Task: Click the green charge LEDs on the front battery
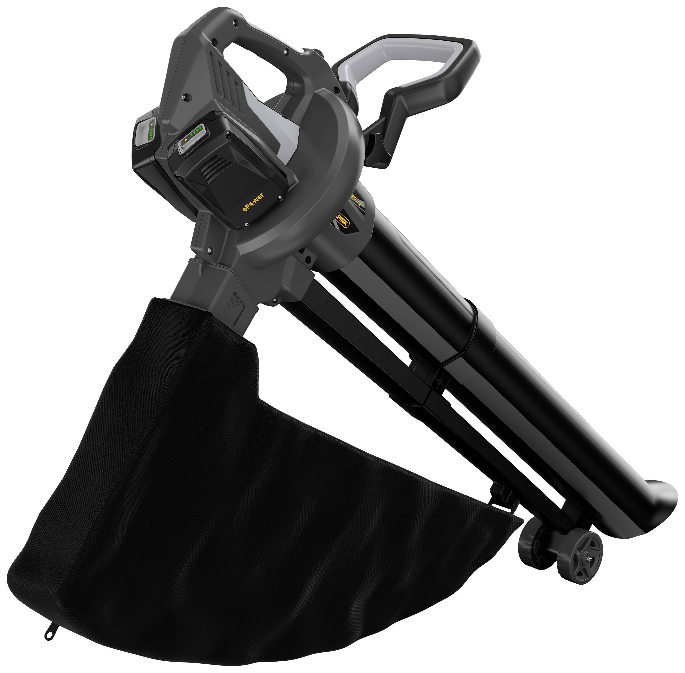coord(197,133)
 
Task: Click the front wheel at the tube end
coord(580,559)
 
